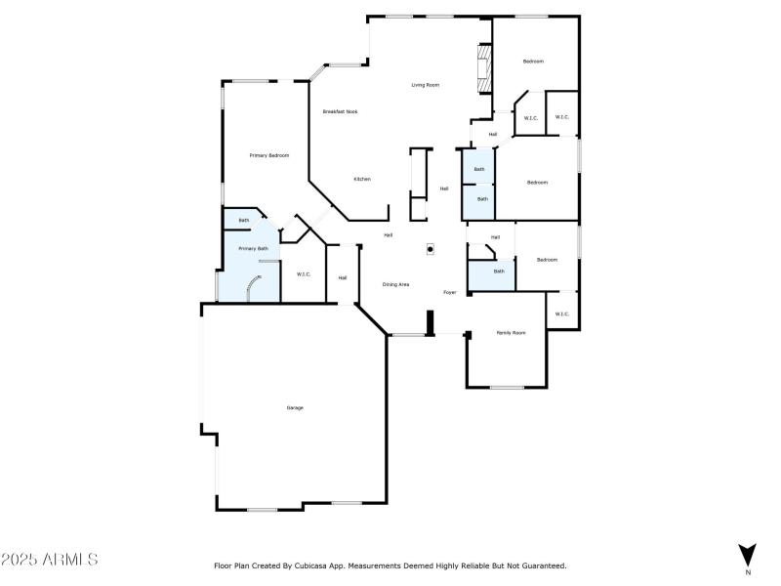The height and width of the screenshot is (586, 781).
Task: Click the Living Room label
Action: [425, 85]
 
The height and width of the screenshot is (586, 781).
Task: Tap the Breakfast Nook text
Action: [340, 111]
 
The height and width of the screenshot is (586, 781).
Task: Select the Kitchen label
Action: [362, 179]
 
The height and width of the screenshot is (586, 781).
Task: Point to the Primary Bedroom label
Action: [268, 155]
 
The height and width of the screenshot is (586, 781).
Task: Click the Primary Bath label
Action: [254, 248]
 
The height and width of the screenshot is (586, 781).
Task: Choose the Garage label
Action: [294, 407]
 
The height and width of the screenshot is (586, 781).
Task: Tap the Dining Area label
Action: [395, 284]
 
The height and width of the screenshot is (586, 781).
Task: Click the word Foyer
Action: [450, 292]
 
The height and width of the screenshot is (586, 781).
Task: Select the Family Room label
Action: [511, 333]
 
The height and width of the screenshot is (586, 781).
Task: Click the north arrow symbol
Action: [748, 553]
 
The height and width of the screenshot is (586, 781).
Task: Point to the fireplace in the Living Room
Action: [481, 67]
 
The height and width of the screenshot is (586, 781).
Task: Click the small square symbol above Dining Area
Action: [430, 249]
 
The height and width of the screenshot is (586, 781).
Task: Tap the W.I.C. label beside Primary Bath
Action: [304, 273]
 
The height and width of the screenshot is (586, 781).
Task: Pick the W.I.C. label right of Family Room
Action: [561, 314]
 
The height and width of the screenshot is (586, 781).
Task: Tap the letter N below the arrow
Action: [748, 572]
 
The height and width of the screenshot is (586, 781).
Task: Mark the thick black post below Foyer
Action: [429, 322]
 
